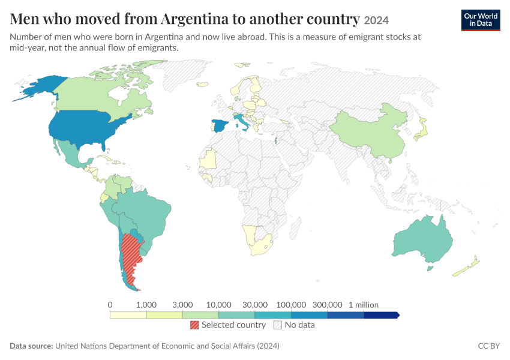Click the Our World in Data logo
click(481, 20)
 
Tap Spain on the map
click(220, 126)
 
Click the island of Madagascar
click(295, 229)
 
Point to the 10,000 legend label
click(218, 305)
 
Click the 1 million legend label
click(364, 305)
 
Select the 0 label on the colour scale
click(110, 305)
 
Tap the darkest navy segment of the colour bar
click(381, 315)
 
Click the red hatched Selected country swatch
click(194, 325)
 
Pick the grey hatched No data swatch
click(278, 325)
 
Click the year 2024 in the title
click(376, 20)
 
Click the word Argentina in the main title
click(195, 19)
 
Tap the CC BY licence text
click(488, 346)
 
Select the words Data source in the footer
click(31, 346)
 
